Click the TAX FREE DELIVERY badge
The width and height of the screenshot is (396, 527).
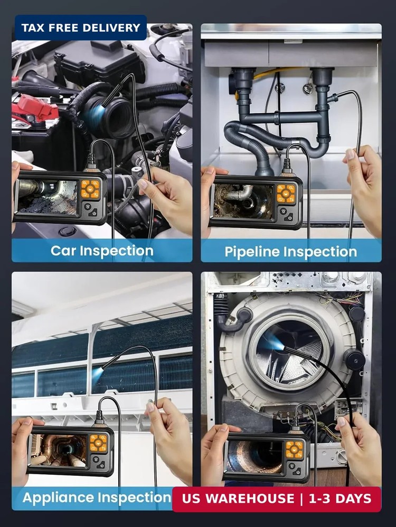click(x=80, y=27)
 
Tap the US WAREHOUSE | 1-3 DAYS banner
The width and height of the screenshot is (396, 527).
click(x=276, y=499)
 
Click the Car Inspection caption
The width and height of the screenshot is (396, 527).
click(x=102, y=250)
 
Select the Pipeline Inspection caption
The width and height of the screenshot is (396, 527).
click(x=291, y=251)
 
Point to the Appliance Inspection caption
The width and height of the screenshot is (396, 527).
click(x=97, y=497)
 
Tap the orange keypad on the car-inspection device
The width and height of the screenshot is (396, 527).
click(x=90, y=189)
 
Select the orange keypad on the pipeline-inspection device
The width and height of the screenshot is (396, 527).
click(x=286, y=193)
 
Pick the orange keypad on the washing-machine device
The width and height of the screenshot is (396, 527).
click(x=295, y=450)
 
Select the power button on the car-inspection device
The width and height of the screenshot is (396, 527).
click(x=94, y=212)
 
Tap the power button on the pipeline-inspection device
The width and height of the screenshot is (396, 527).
click(x=289, y=217)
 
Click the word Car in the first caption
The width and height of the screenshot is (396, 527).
click(x=62, y=250)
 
